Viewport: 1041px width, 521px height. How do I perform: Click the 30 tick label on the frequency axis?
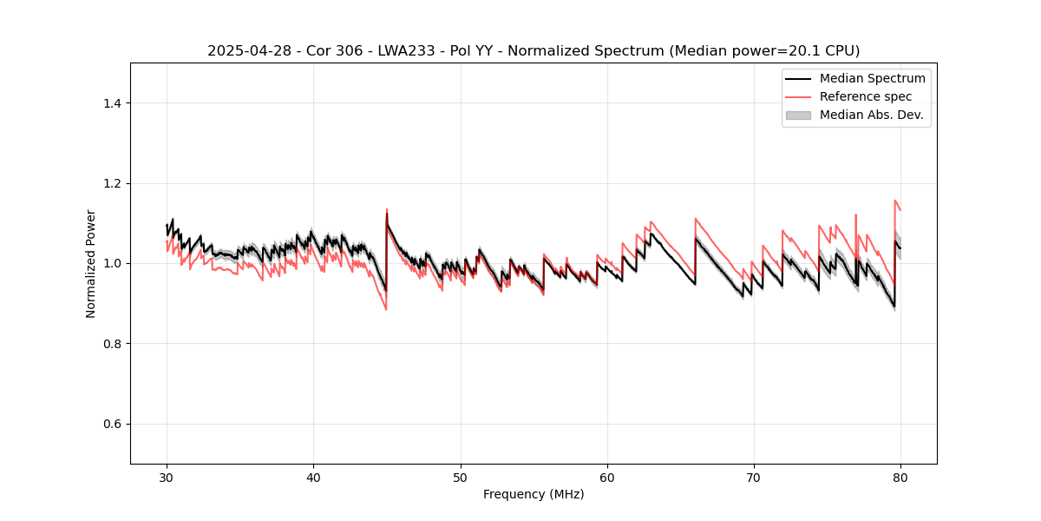(x=167, y=478)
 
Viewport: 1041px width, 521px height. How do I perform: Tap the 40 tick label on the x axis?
(x=313, y=478)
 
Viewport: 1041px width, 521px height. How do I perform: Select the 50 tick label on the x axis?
(x=461, y=478)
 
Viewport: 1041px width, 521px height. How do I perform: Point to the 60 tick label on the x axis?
(x=607, y=478)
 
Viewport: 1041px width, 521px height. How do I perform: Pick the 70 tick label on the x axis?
(x=754, y=478)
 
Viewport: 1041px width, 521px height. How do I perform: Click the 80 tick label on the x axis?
(x=900, y=478)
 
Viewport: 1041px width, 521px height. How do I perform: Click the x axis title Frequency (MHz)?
(x=534, y=494)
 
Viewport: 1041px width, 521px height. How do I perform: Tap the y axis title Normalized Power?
(x=91, y=263)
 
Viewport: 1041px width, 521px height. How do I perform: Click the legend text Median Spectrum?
(x=872, y=78)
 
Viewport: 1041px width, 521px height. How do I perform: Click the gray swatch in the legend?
(x=798, y=115)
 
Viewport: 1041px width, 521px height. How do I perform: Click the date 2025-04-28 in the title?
(x=244, y=51)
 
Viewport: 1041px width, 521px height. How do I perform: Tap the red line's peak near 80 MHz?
(x=895, y=201)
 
